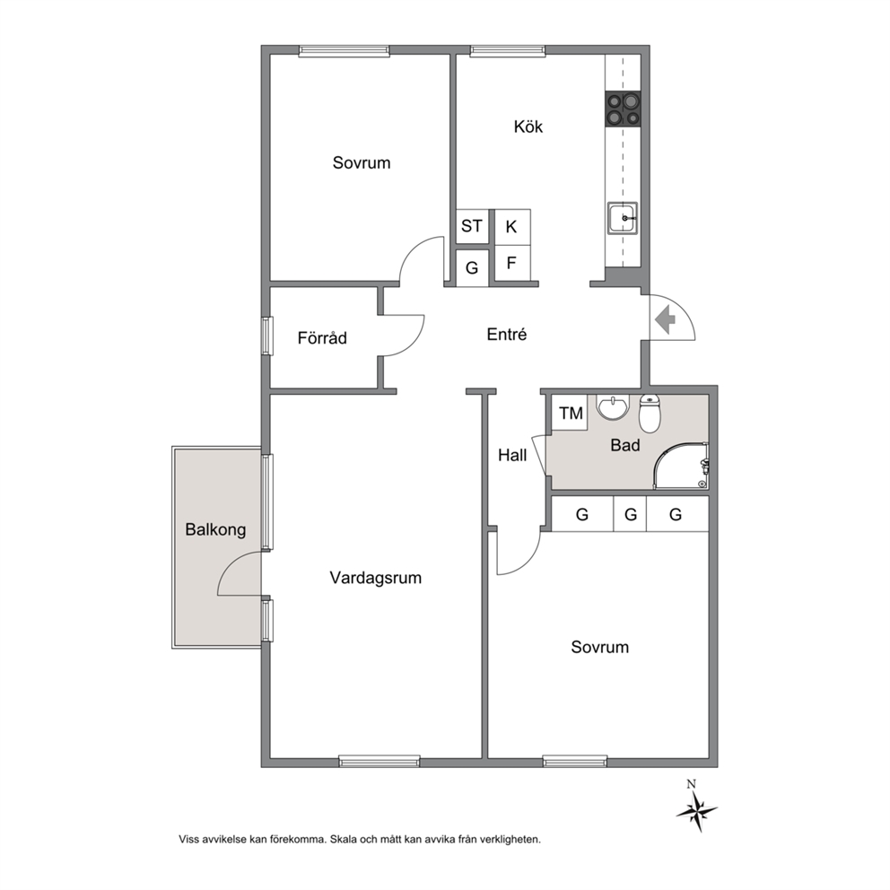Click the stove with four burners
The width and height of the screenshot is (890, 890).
624,109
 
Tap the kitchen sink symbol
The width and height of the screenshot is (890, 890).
623,218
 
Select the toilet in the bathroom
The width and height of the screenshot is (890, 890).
650,413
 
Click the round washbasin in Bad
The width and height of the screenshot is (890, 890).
613,407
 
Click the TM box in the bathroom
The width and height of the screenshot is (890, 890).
571,414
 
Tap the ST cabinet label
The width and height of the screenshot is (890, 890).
471,226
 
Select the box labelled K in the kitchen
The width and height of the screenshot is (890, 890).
512,227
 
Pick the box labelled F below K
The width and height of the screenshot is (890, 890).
512,263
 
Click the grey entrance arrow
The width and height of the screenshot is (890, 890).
665,320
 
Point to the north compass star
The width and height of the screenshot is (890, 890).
696,809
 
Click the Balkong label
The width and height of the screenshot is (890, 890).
215,530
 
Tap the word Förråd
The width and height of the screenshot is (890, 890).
322,337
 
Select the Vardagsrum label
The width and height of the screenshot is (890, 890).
376,579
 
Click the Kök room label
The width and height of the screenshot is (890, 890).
528,126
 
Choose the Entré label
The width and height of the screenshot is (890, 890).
507,335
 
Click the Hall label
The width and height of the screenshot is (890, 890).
512,455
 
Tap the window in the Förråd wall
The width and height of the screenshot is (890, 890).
266,336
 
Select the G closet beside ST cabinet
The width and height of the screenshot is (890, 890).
472,267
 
